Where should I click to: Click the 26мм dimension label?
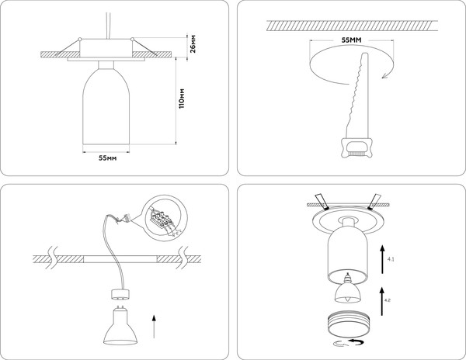[x=193, y=43]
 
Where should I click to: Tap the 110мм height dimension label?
[x=182, y=99]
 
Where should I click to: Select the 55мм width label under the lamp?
[x=108, y=158]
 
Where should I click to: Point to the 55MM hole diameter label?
[x=351, y=40]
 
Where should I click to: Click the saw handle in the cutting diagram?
[x=356, y=147]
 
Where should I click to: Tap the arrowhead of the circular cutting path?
[x=384, y=75]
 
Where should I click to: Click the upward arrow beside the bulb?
[x=154, y=327]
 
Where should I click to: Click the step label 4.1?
[x=391, y=259]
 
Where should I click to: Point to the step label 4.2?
[x=388, y=300]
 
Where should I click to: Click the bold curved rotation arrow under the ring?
[x=356, y=342]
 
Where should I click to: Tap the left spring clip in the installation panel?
[x=322, y=202]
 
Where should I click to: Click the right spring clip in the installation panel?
[x=374, y=202]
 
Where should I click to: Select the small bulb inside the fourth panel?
[x=347, y=288]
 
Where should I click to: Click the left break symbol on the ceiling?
[x=53, y=258]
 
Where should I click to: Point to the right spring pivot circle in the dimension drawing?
[x=132, y=39]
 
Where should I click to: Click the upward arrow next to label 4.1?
[x=382, y=259]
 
